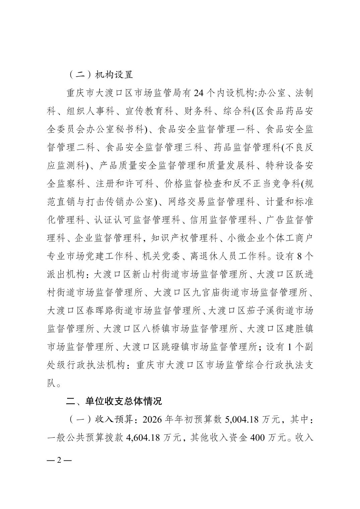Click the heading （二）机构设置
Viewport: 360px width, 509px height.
click(100, 75)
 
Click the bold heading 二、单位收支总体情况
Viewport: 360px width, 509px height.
click(114, 401)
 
